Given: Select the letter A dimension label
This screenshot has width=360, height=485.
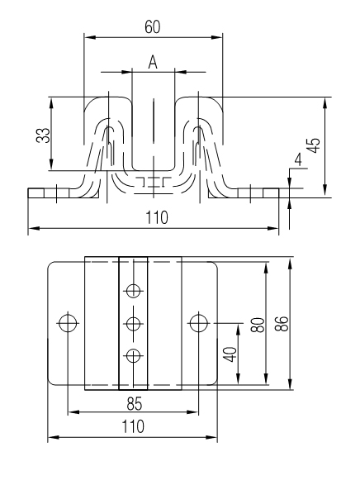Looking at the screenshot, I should (x=153, y=61).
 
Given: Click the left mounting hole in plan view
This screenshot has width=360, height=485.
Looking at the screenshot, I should (x=67, y=321).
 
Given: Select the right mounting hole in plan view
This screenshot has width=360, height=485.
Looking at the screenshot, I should (x=198, y=321).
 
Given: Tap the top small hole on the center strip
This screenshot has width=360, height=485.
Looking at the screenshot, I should (x=132, y=289).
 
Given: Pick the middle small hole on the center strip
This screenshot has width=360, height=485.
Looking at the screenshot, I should (x=132, y=321).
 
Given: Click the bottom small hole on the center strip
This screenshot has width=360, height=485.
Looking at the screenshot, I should (x=132, y=355).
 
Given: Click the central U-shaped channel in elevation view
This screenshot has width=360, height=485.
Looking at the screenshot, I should (x=154, y=124).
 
